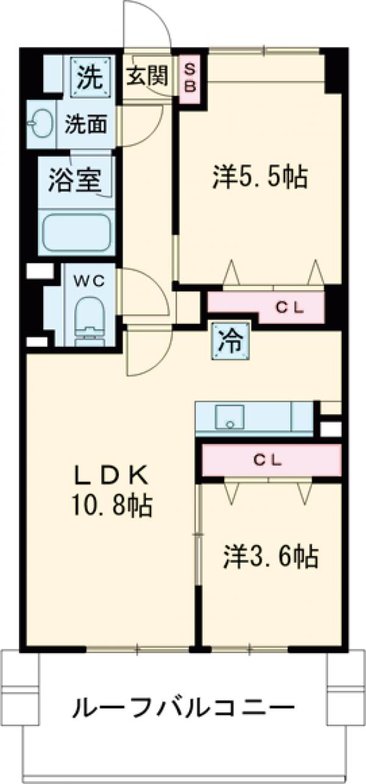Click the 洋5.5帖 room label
[x=259, y=177]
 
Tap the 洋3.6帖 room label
[x=270, y=556]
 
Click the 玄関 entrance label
[x=147, y=76]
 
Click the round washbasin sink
[x=40, y=124]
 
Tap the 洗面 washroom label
[x=87, y=124]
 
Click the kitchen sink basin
[x=229, y=418]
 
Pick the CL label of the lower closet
[x=268, y=461]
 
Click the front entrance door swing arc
[x=146, y=24]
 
